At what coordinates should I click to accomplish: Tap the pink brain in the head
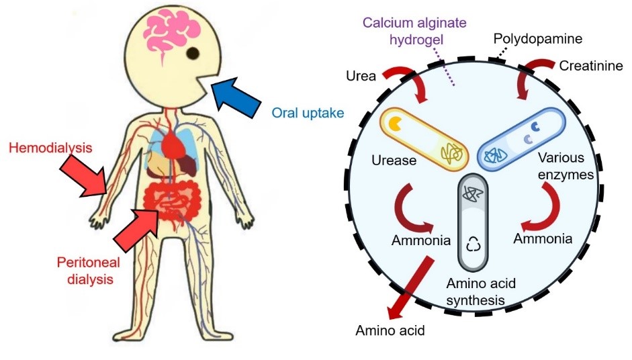tap(172, 36)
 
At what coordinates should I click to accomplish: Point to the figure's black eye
tap(193, 53)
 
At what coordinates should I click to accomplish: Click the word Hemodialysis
tap(50, 148)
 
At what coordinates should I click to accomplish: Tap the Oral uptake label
tap(308, 112)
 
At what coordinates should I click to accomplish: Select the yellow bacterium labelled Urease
tap(424, 138)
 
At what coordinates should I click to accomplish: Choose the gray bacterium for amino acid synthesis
tap(473, 222)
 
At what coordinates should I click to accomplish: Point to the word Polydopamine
tap(538, 39)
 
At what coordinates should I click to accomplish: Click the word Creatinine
tap(591, 65)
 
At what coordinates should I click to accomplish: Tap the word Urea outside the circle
tap(361, 76)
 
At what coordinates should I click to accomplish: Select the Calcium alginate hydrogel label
tap(414, 31)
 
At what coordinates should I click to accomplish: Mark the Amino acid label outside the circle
tap(390, 330)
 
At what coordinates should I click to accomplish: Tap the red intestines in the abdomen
tap(172, 202)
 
